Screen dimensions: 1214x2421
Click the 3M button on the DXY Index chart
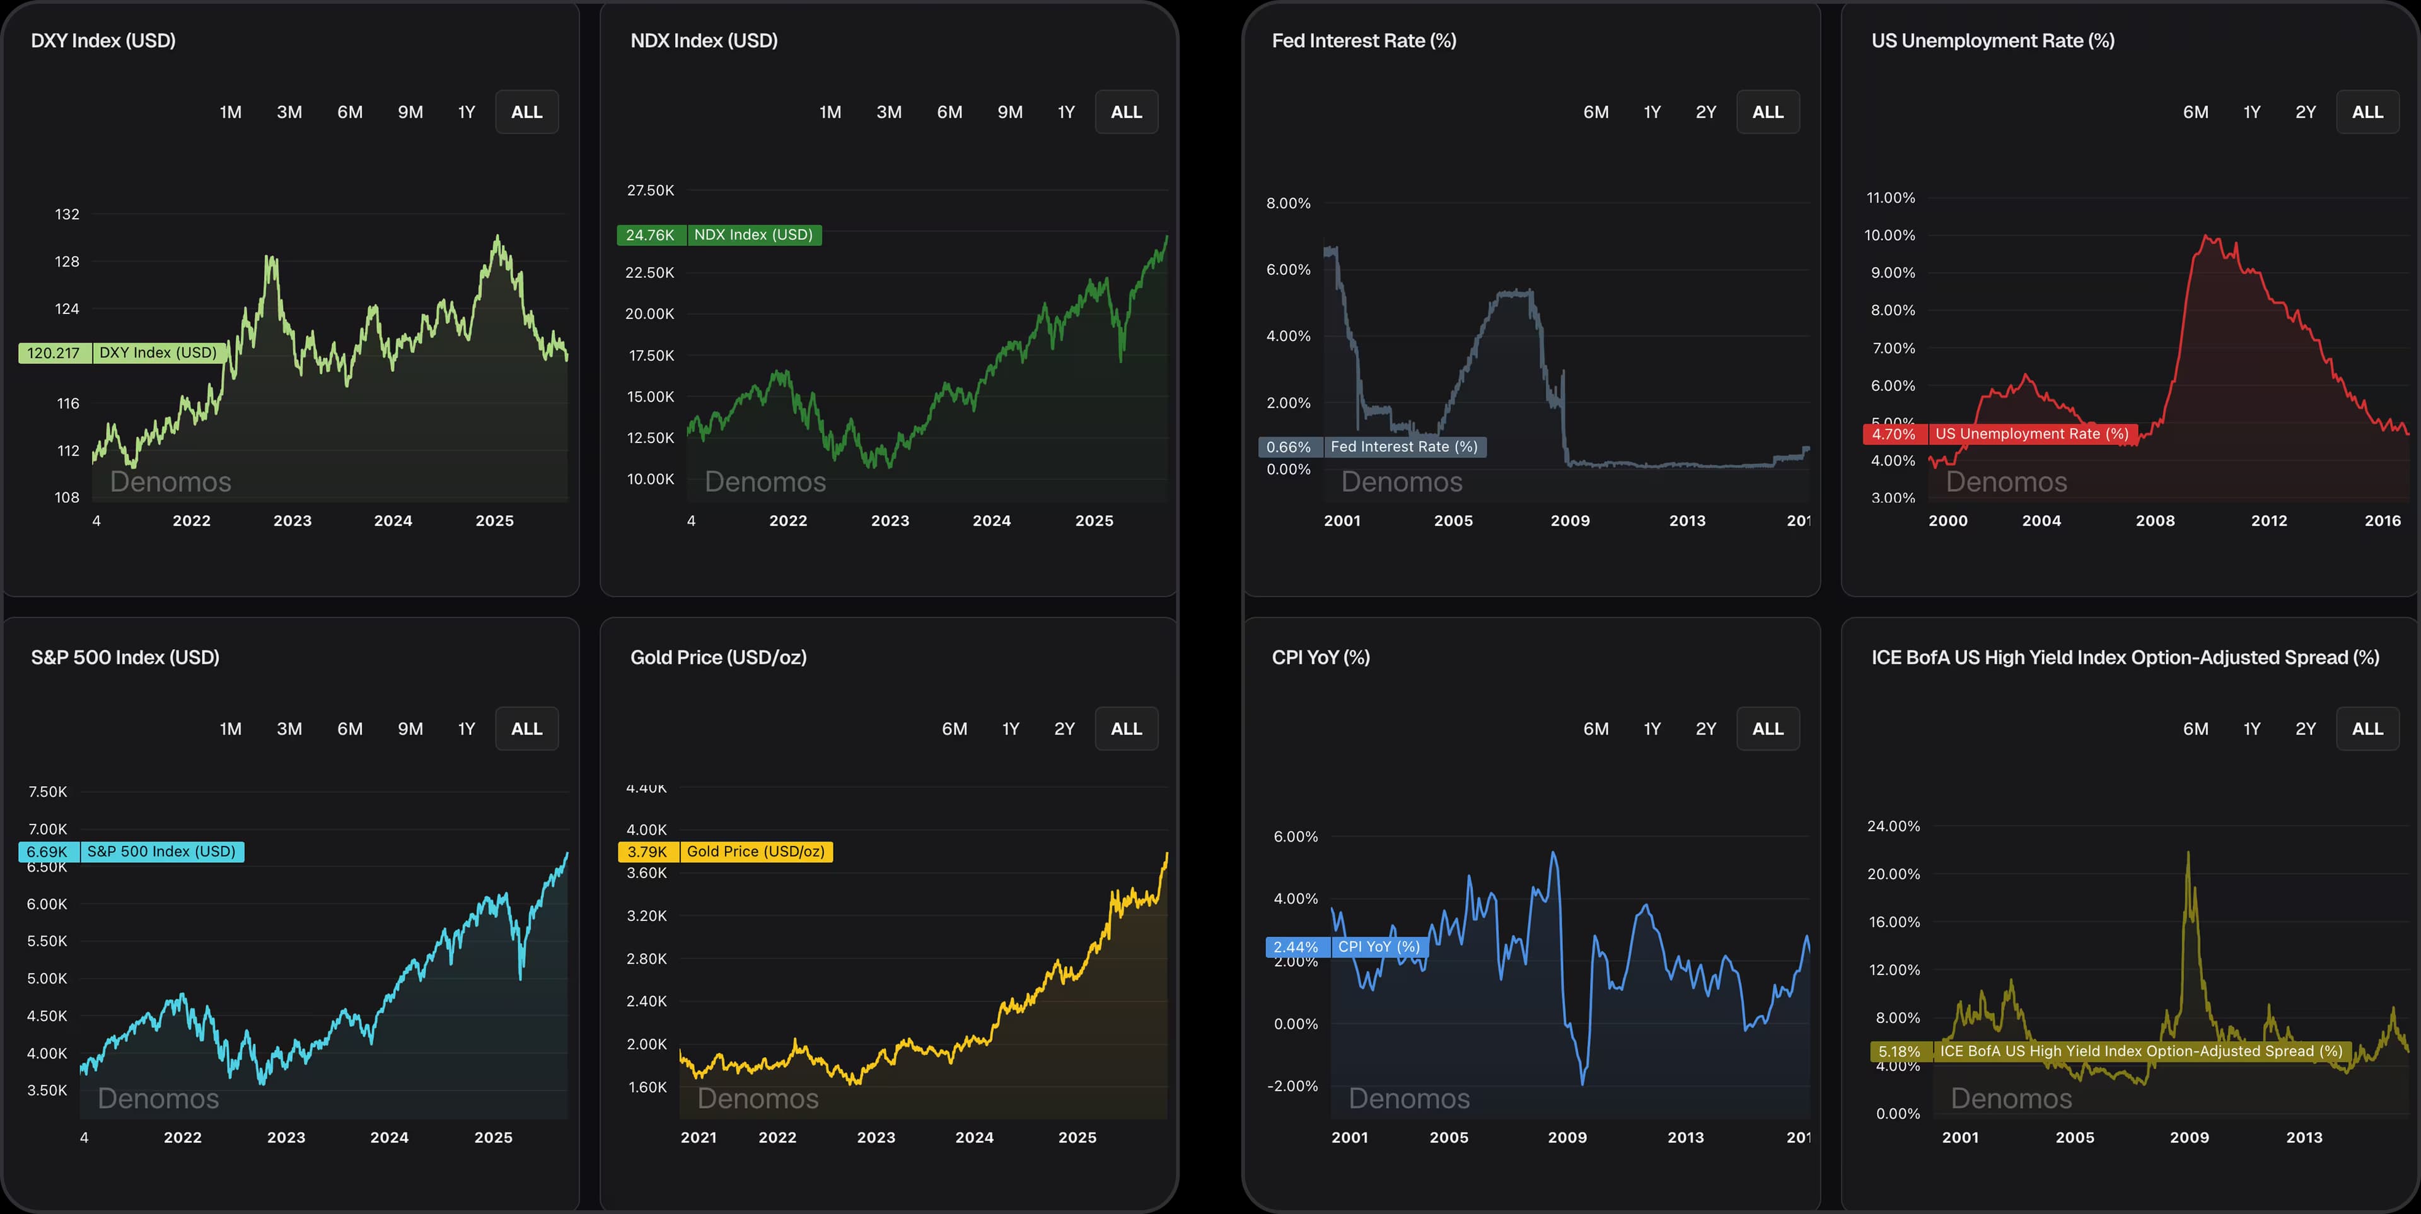[x=289, y=112]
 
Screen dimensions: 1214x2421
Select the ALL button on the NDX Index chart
[x=1126, y=112]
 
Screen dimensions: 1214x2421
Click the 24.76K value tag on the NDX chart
[x=651, y=235]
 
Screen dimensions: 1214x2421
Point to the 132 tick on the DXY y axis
[x=67, y=214]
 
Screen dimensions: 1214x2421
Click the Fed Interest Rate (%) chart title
[x=1364, y=40]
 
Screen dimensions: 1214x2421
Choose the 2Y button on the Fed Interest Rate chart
[x=1706, y=112]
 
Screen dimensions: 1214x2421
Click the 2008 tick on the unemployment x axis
[x=2155, y=521]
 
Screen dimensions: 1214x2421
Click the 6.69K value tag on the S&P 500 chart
[x=47, y=852]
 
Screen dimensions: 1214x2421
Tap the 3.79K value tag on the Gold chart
[x=647, y=852]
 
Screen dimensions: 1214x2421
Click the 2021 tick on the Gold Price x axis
[x=699, y=1137]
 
